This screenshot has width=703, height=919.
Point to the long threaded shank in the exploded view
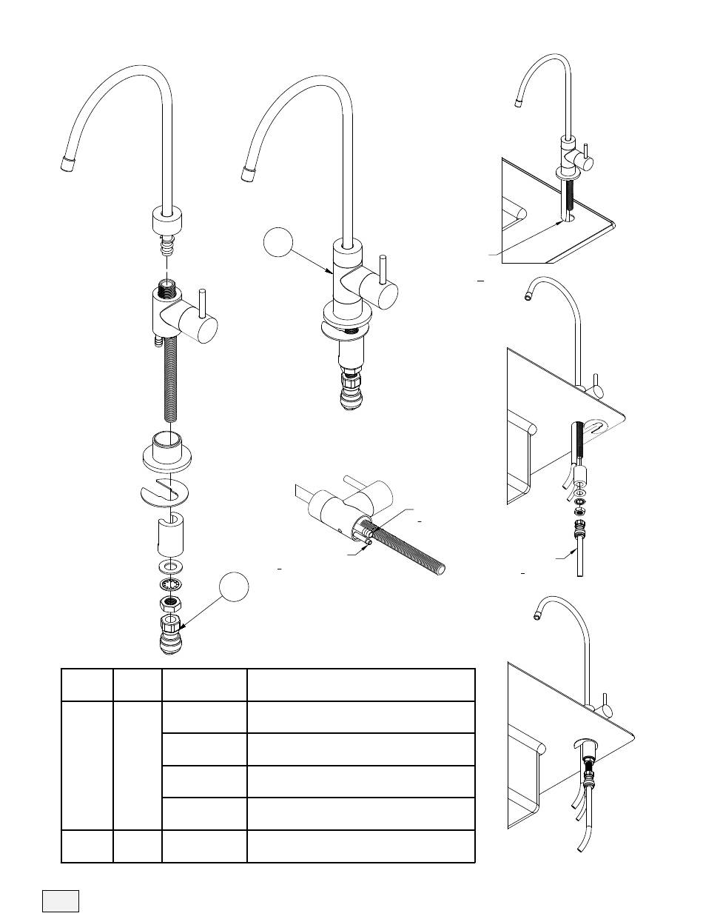click(170, 385)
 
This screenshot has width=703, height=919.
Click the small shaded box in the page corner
click(60, 899)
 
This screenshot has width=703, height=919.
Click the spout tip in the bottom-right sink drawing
click(536, 614)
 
